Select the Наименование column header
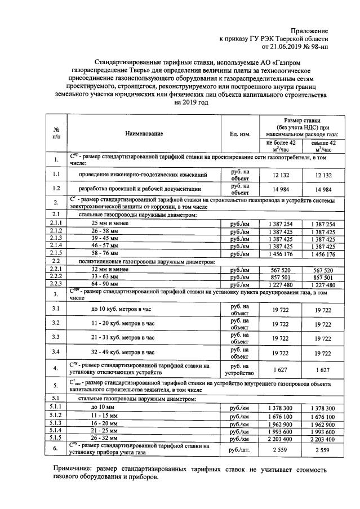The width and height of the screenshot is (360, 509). pyautogui.click(x=144, y=133)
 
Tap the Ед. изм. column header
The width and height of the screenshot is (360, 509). pyautogui.click(x=240, y=133)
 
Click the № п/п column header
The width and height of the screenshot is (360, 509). pyautogui.click(x=56, y=133)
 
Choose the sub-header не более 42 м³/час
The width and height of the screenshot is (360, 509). pyautogui.click(x=281, y=146)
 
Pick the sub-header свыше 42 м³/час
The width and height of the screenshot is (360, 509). pyautogui.click(x=323, y=146)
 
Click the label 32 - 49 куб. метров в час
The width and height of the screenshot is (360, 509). pyautogui.click(x=123, y=352)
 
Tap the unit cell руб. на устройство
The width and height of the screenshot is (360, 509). pyautogui.click(x=240, y=369)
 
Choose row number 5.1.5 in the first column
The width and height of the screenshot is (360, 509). pyautogui.click(x=56, y=437)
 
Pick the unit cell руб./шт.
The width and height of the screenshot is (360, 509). pyautogui.click(x=240, y=449)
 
